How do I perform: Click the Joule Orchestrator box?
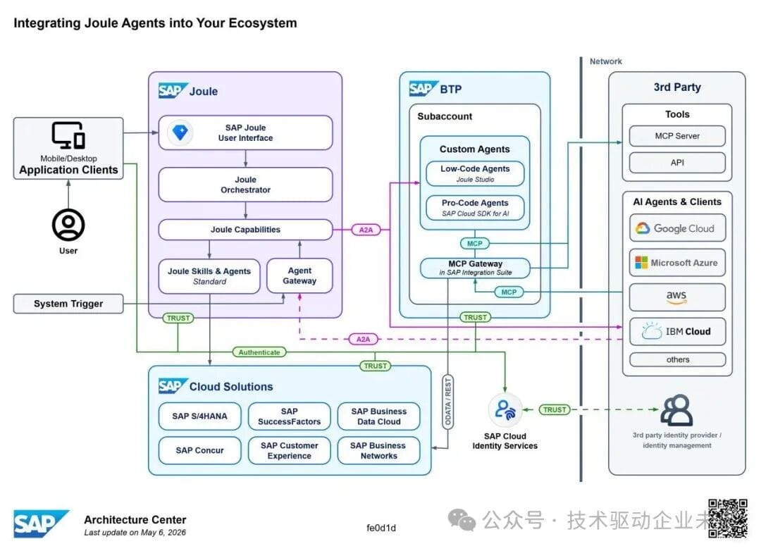click(246, 185)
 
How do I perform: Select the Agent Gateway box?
click(299, 275)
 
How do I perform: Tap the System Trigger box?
click(68, 304)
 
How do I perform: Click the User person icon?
click(68, 225)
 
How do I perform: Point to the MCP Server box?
click(677, 136)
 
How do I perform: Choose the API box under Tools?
click(677, 163)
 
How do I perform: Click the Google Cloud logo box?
click(678, 228)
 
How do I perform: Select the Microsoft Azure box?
click(678, 263)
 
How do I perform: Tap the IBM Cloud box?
click(678, 332)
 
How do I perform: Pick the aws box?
click(678, 297)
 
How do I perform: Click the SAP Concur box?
click(199, 450)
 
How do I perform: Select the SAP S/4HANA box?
click(199, 416)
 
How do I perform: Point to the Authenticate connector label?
click(259, 352)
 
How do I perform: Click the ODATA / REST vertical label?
click(448, 402)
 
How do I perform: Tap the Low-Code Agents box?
click(475, 173)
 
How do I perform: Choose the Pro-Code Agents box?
click(475, 208)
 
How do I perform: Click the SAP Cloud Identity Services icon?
click(505, 410)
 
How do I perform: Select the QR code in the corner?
click(727, 519)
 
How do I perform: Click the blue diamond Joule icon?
click(180, 132)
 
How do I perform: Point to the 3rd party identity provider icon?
click(676, 410)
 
